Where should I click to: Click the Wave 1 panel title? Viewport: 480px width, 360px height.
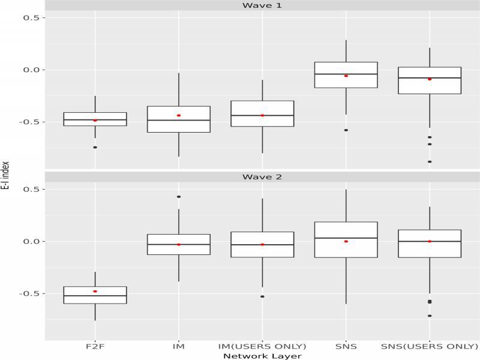[262, 5]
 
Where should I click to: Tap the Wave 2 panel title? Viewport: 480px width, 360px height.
[262, 177]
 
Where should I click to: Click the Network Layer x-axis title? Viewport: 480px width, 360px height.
[262, 356]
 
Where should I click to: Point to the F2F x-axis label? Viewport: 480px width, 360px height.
[95, 346]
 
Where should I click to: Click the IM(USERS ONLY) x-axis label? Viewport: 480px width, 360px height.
[262, 346]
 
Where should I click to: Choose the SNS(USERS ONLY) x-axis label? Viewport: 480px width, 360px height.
[430, 346]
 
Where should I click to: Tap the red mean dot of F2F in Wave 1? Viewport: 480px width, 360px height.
[95, 120]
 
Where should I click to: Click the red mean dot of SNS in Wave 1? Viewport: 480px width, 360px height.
[346, 76]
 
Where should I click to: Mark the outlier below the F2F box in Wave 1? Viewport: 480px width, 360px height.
[95, 147]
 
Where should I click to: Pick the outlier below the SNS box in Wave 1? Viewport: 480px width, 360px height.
[346, 130]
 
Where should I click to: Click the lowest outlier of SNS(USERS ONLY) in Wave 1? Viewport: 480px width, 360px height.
[430, 161]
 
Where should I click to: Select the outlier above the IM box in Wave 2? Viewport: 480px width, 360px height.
[179, 197]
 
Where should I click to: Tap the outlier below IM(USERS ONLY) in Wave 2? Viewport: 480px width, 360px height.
[262, 296]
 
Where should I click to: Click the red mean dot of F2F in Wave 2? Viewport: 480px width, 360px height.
[95, 291]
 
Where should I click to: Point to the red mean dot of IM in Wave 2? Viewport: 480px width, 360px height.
[179, 244]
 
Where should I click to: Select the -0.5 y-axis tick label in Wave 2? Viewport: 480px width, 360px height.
[30, 293]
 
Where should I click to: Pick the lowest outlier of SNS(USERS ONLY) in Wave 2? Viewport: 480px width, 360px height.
[430, 316]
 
